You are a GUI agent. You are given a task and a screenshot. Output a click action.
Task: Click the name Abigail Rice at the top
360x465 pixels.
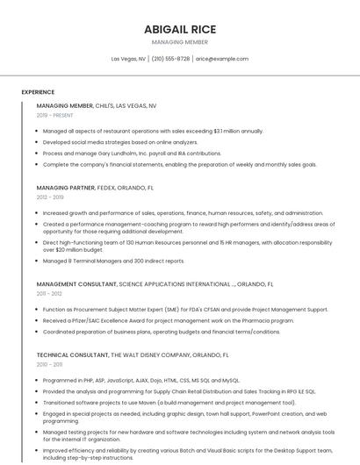coord(180,29)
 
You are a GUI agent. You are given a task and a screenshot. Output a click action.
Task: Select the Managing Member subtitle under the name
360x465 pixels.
coord(180,42)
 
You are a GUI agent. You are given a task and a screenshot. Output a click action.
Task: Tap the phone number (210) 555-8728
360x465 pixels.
coord(170,59)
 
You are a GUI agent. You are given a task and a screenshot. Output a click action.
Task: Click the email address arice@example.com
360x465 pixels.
coord(221,59)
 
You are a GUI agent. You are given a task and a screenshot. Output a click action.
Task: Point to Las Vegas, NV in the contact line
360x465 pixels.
coord(129,59)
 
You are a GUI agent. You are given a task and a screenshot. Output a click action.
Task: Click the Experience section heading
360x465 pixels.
coord(38,92)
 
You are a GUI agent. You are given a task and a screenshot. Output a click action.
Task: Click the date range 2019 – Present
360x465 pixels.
coord(55,115)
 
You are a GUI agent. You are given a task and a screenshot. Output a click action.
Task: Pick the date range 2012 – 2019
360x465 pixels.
coord(50,197)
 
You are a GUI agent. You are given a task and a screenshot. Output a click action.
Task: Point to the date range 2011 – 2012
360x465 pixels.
coord(49,294)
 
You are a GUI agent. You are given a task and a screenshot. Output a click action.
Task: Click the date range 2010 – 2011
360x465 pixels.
coord(49,364)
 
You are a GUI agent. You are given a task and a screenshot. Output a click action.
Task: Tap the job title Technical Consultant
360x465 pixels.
coord(72,354)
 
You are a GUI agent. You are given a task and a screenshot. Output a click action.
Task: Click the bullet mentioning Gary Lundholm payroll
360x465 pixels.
coord(132,153)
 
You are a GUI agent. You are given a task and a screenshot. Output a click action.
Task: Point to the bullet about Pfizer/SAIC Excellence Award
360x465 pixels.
coord(167,320)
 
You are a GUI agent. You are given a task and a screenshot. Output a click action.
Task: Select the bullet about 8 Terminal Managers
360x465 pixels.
coord(113,261)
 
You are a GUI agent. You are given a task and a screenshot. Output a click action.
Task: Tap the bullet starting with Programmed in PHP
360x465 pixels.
coord(140,381)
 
